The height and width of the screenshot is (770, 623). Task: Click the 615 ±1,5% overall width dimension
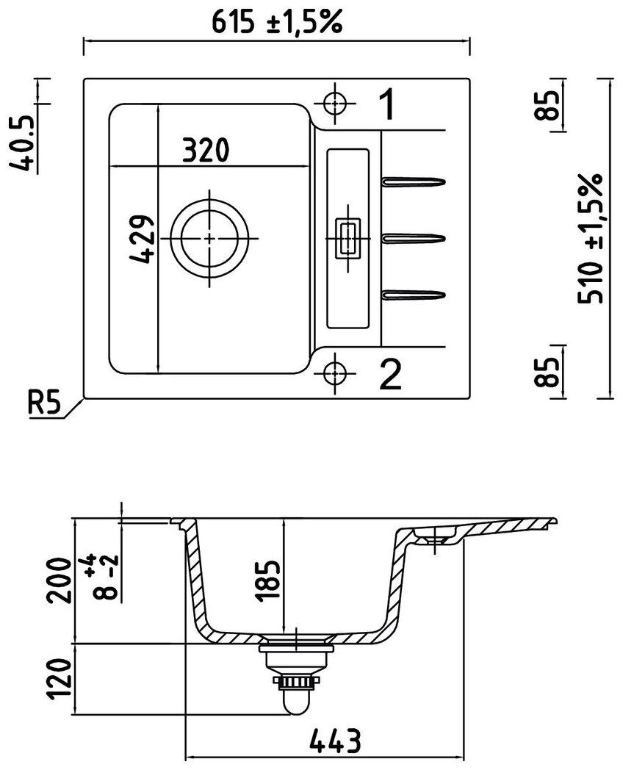pyautogui.click(x=278, y=24)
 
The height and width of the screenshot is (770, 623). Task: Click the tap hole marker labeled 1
pyautogui.click(x=335, y=104)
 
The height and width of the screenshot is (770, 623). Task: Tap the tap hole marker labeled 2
pyautogui.click(x=335, y=371)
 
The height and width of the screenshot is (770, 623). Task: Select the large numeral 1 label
pyautogui.click(x=387, y=105)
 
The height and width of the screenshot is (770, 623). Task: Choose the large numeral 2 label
pyautogui.click(x=389, y=375)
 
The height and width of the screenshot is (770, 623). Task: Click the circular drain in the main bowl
pyautogui.click(x=209, y=239)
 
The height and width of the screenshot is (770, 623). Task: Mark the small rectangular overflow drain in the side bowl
pyautogui.click(x=346, y=238)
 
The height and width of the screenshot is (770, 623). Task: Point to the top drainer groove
pyautogui.click(x=414, y=181)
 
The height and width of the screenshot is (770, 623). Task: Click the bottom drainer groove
pyautogui.click(x=414, y=295)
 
